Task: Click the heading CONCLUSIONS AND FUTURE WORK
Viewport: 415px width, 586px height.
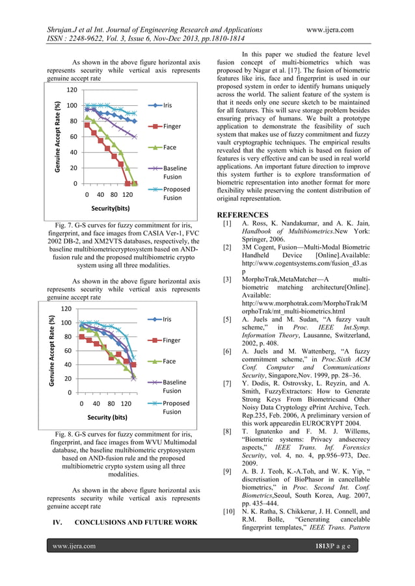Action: pos(136,522)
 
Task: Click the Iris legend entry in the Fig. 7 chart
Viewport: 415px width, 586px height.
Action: pos(168,105)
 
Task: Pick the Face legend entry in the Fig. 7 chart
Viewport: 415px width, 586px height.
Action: pos(169,147)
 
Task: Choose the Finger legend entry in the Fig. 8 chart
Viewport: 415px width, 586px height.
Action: pos(172,340)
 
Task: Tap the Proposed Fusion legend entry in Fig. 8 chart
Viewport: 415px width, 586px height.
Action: pos(176,407)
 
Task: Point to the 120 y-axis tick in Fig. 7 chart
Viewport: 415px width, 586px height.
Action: pos(73,90)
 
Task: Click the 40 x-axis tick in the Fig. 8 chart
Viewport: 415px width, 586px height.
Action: pos(96,403)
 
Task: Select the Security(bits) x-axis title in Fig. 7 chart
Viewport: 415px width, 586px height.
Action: pos(110,209)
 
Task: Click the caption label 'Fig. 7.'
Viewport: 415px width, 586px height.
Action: pos(67,225)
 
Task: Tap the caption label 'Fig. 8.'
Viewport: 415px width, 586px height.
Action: pos(67,433)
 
